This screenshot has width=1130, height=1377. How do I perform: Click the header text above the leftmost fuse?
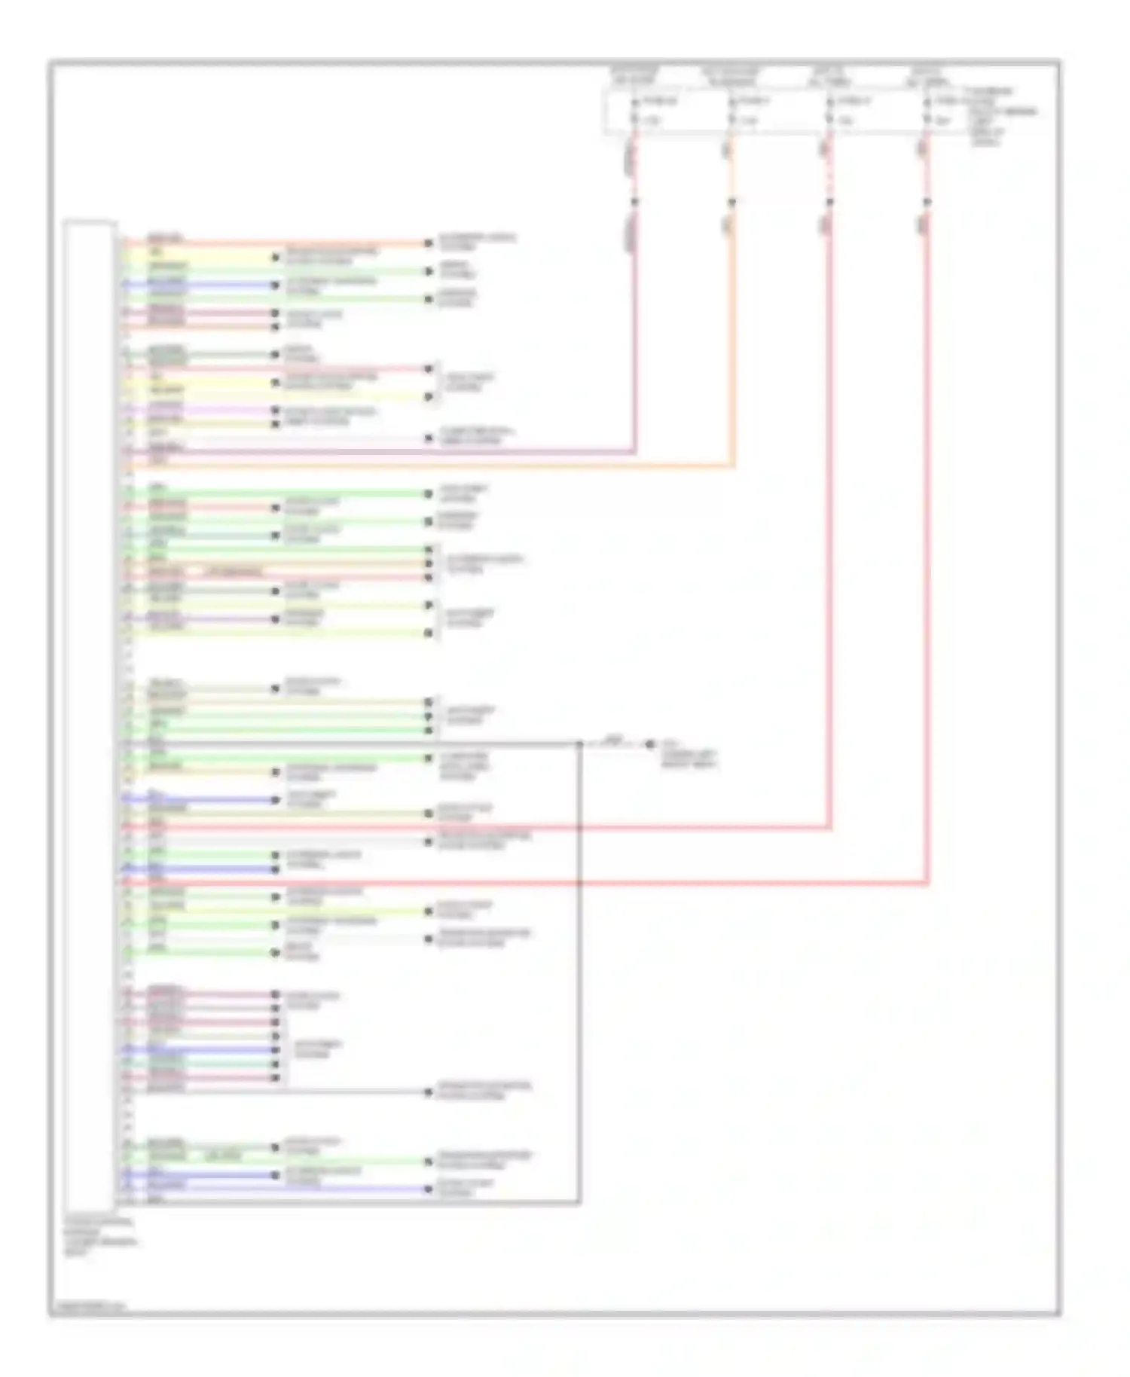[635, 75]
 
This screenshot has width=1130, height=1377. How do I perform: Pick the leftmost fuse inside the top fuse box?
[635, 110]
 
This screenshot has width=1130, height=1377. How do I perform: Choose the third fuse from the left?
[829, 110]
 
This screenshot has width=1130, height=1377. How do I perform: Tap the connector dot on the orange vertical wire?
[731, 202]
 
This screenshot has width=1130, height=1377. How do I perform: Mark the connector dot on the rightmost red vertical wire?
[927, 202]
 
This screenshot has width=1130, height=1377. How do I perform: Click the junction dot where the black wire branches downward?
[579, 744]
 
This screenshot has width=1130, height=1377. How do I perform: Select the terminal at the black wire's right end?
[649, 744]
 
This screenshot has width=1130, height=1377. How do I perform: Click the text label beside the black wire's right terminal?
[689, 754]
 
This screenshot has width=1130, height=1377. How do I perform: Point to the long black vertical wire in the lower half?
[579, 979]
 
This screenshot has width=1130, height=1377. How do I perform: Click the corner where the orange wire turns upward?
[732, 466]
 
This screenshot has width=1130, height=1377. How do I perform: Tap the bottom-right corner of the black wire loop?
[579, 1202]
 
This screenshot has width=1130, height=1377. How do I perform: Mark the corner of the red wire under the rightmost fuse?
[927, 883]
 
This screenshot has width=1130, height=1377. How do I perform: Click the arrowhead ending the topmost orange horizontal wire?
[429, 243]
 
